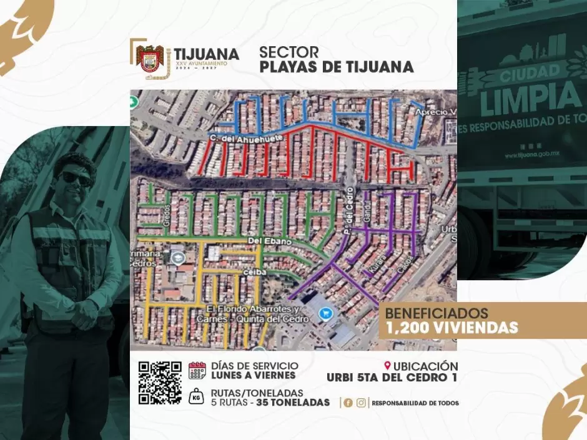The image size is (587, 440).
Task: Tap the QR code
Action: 159,383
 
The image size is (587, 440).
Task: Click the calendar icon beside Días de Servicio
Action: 197,371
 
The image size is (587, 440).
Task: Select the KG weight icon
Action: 197,398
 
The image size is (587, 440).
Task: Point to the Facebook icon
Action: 348,403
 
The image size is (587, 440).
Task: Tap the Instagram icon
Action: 361,403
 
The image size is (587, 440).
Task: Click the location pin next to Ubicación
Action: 388,366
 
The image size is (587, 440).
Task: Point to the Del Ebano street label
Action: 262,240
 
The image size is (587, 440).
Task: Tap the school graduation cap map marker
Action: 177,257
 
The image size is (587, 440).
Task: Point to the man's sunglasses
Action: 75,178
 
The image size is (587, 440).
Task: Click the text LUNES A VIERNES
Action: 254,375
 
